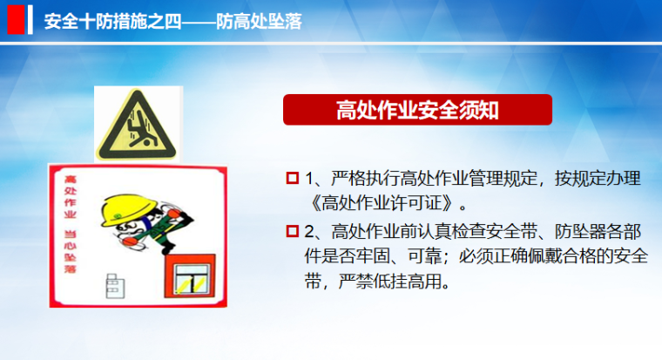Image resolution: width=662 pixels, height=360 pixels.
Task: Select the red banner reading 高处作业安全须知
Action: click(417, 110)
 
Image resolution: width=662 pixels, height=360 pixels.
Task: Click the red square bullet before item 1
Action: click(292, 179)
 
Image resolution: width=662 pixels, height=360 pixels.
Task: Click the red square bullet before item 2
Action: click(292, 232)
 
